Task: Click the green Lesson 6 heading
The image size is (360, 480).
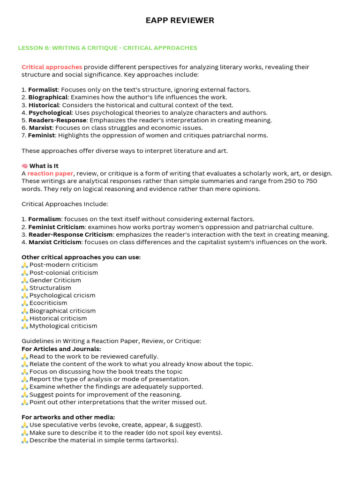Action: tap(107, 48)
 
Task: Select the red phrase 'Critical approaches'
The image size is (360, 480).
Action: tap(52, 67)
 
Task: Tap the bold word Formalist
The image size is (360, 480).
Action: tap(43, 90)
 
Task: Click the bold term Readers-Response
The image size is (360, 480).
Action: tap(57, 120)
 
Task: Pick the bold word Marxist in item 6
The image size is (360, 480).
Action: tap(41, 127)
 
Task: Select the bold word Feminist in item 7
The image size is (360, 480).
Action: tap(42, 135)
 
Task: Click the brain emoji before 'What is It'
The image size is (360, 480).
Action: tap(25, 166)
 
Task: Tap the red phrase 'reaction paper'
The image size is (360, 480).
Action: tap(50, 173)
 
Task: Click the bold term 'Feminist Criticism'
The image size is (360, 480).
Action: tap(57, 227)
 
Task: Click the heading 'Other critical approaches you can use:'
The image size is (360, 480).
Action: tap(81, 257)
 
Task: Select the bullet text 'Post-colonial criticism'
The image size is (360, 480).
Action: tap(64, 273)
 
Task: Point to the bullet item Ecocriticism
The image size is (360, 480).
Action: tap(48, 303)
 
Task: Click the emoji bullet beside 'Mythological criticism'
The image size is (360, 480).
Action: tap(25, 326)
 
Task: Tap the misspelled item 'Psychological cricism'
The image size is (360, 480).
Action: tap(62, 295)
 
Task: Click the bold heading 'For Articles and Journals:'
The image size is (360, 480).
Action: tap(61, 349)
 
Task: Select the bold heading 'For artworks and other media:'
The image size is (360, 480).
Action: tap(68, 417)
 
